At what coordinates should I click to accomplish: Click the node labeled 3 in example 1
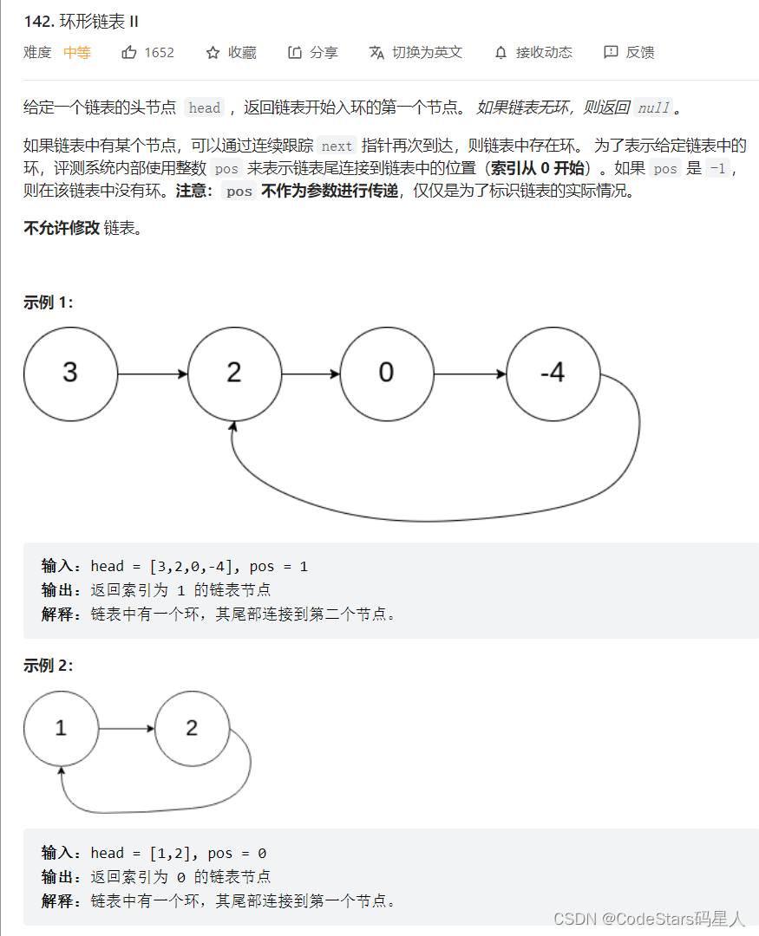click(x=70, y=373)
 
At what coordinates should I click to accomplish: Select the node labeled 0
click(x=387, y=373)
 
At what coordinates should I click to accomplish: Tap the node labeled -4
click(x=553, y=373)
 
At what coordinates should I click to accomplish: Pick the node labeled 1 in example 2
click(x=61, y=728)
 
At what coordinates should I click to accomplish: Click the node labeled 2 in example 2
click(x=192, y=728)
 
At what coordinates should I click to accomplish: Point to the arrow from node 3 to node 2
click(x=152, y=374)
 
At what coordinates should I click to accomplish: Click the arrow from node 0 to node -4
click(x=469, y=374)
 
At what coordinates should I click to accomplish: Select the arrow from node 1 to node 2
click(x=127, y=728)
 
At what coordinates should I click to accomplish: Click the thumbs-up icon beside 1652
click(x=129, y=53)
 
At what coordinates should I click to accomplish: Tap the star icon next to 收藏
click(x=213, y=53)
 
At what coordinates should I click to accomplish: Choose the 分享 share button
click(x=313, y=53)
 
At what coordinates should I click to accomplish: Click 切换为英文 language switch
click(x=416, y=53)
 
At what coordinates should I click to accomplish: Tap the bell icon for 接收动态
click(x=501, y=53)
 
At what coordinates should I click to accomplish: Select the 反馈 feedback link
click(x=629, y=53)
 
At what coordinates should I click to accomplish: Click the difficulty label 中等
click(x=77, y=53)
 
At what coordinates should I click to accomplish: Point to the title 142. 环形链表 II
click(x=82, y=21)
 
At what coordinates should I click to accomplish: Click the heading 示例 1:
click(x=48, y=302)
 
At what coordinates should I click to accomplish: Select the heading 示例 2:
click(x=48, y=666)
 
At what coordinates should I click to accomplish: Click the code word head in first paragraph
click(x=205, y=108)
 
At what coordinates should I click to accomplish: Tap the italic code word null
click(x=653, y=108)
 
